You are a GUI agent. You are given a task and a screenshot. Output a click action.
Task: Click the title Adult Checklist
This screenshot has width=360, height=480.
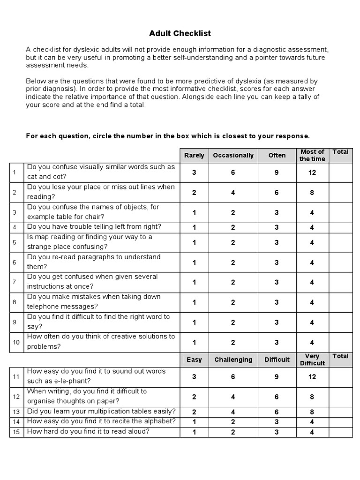(x=180, y=33)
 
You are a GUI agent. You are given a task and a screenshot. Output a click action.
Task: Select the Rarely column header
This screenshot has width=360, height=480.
(x=194, y=155)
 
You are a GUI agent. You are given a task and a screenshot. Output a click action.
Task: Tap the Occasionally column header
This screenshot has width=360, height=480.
(x=233, y=155)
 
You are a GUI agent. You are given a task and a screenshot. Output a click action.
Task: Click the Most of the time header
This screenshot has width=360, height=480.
(x=312, y=155)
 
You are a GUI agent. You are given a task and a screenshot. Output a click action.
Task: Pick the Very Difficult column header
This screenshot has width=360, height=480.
(x=312, y=360)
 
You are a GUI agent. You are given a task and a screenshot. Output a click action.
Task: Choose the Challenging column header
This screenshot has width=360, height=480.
(x=233, y=360)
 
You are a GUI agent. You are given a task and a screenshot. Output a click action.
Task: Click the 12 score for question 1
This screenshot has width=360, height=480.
(x=312, y=172)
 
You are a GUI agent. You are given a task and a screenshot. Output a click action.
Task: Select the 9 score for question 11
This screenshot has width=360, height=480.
(x=277, y=377)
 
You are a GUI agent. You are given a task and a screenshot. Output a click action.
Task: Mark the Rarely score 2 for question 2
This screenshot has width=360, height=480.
(x=194, y=193)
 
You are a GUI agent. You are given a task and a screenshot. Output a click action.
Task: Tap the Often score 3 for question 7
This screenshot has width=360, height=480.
(x=277, y=282)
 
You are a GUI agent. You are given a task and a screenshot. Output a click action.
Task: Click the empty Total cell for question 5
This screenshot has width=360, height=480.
(x=341, y=242)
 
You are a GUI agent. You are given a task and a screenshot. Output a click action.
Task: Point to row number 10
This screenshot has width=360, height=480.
(x=16, y=342)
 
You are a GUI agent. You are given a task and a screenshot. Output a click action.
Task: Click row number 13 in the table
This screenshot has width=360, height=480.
(x=16, y=412)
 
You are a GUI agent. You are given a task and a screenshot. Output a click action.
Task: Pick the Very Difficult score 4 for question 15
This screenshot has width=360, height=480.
(x=312, y=432)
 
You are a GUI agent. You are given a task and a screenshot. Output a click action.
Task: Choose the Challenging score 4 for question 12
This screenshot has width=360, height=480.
(x=233, y=397)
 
